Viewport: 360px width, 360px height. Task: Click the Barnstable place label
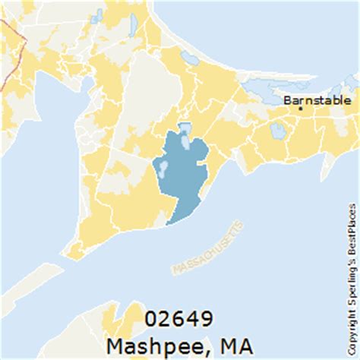[x=317, y=99]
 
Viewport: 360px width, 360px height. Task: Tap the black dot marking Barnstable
[x=301, y=109]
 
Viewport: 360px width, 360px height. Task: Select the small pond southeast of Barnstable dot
[x=278, y=131]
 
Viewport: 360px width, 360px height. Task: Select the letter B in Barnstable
[x=287, y=99]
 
